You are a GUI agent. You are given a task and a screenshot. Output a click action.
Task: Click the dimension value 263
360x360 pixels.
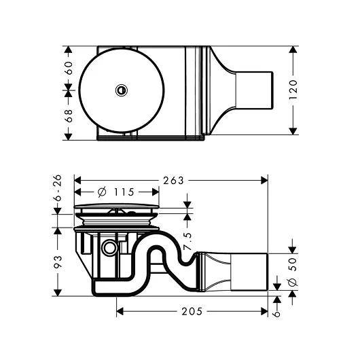pyautogui.click(x=173, y=181)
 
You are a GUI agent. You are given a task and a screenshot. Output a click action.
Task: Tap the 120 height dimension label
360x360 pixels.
pyautogui.click(x=293, y=90)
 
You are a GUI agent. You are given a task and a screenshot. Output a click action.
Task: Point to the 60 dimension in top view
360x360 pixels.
pyautogui.click(x=68, y=68)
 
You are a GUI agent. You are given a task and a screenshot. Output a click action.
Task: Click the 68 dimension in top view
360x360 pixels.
pyautogui.click(x=68, y=115)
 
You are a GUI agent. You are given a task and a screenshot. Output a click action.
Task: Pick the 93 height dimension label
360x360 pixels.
pyautogui.click(x=57, y=262)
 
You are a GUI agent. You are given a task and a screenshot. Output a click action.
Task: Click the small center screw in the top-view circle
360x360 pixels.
pyautogui.click(x=122, y=89)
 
